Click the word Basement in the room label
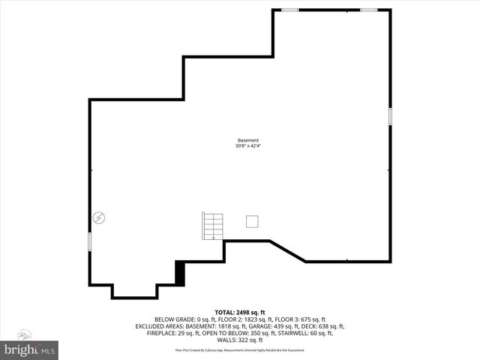click(x=247, y=140)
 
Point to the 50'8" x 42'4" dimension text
click(x=247, y=145)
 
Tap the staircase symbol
click(x=213, y=226)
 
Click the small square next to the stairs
click(x=253, y=220)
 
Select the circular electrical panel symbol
click(x=99, y=217)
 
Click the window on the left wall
click(x=90, y=241)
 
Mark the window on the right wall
click(x=390, y=116)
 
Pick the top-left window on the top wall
click(x=289, y=10)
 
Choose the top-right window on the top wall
click(x=368, y=10)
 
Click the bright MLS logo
click(x=30, y=349)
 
